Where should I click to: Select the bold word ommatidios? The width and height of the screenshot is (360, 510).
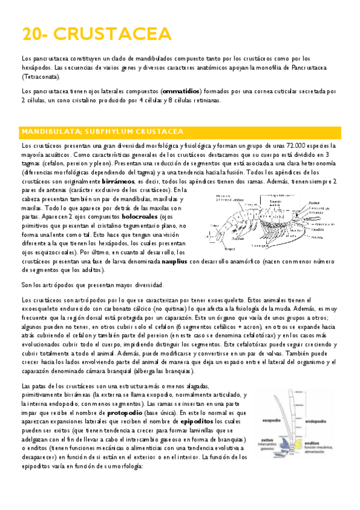pos(181,91)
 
